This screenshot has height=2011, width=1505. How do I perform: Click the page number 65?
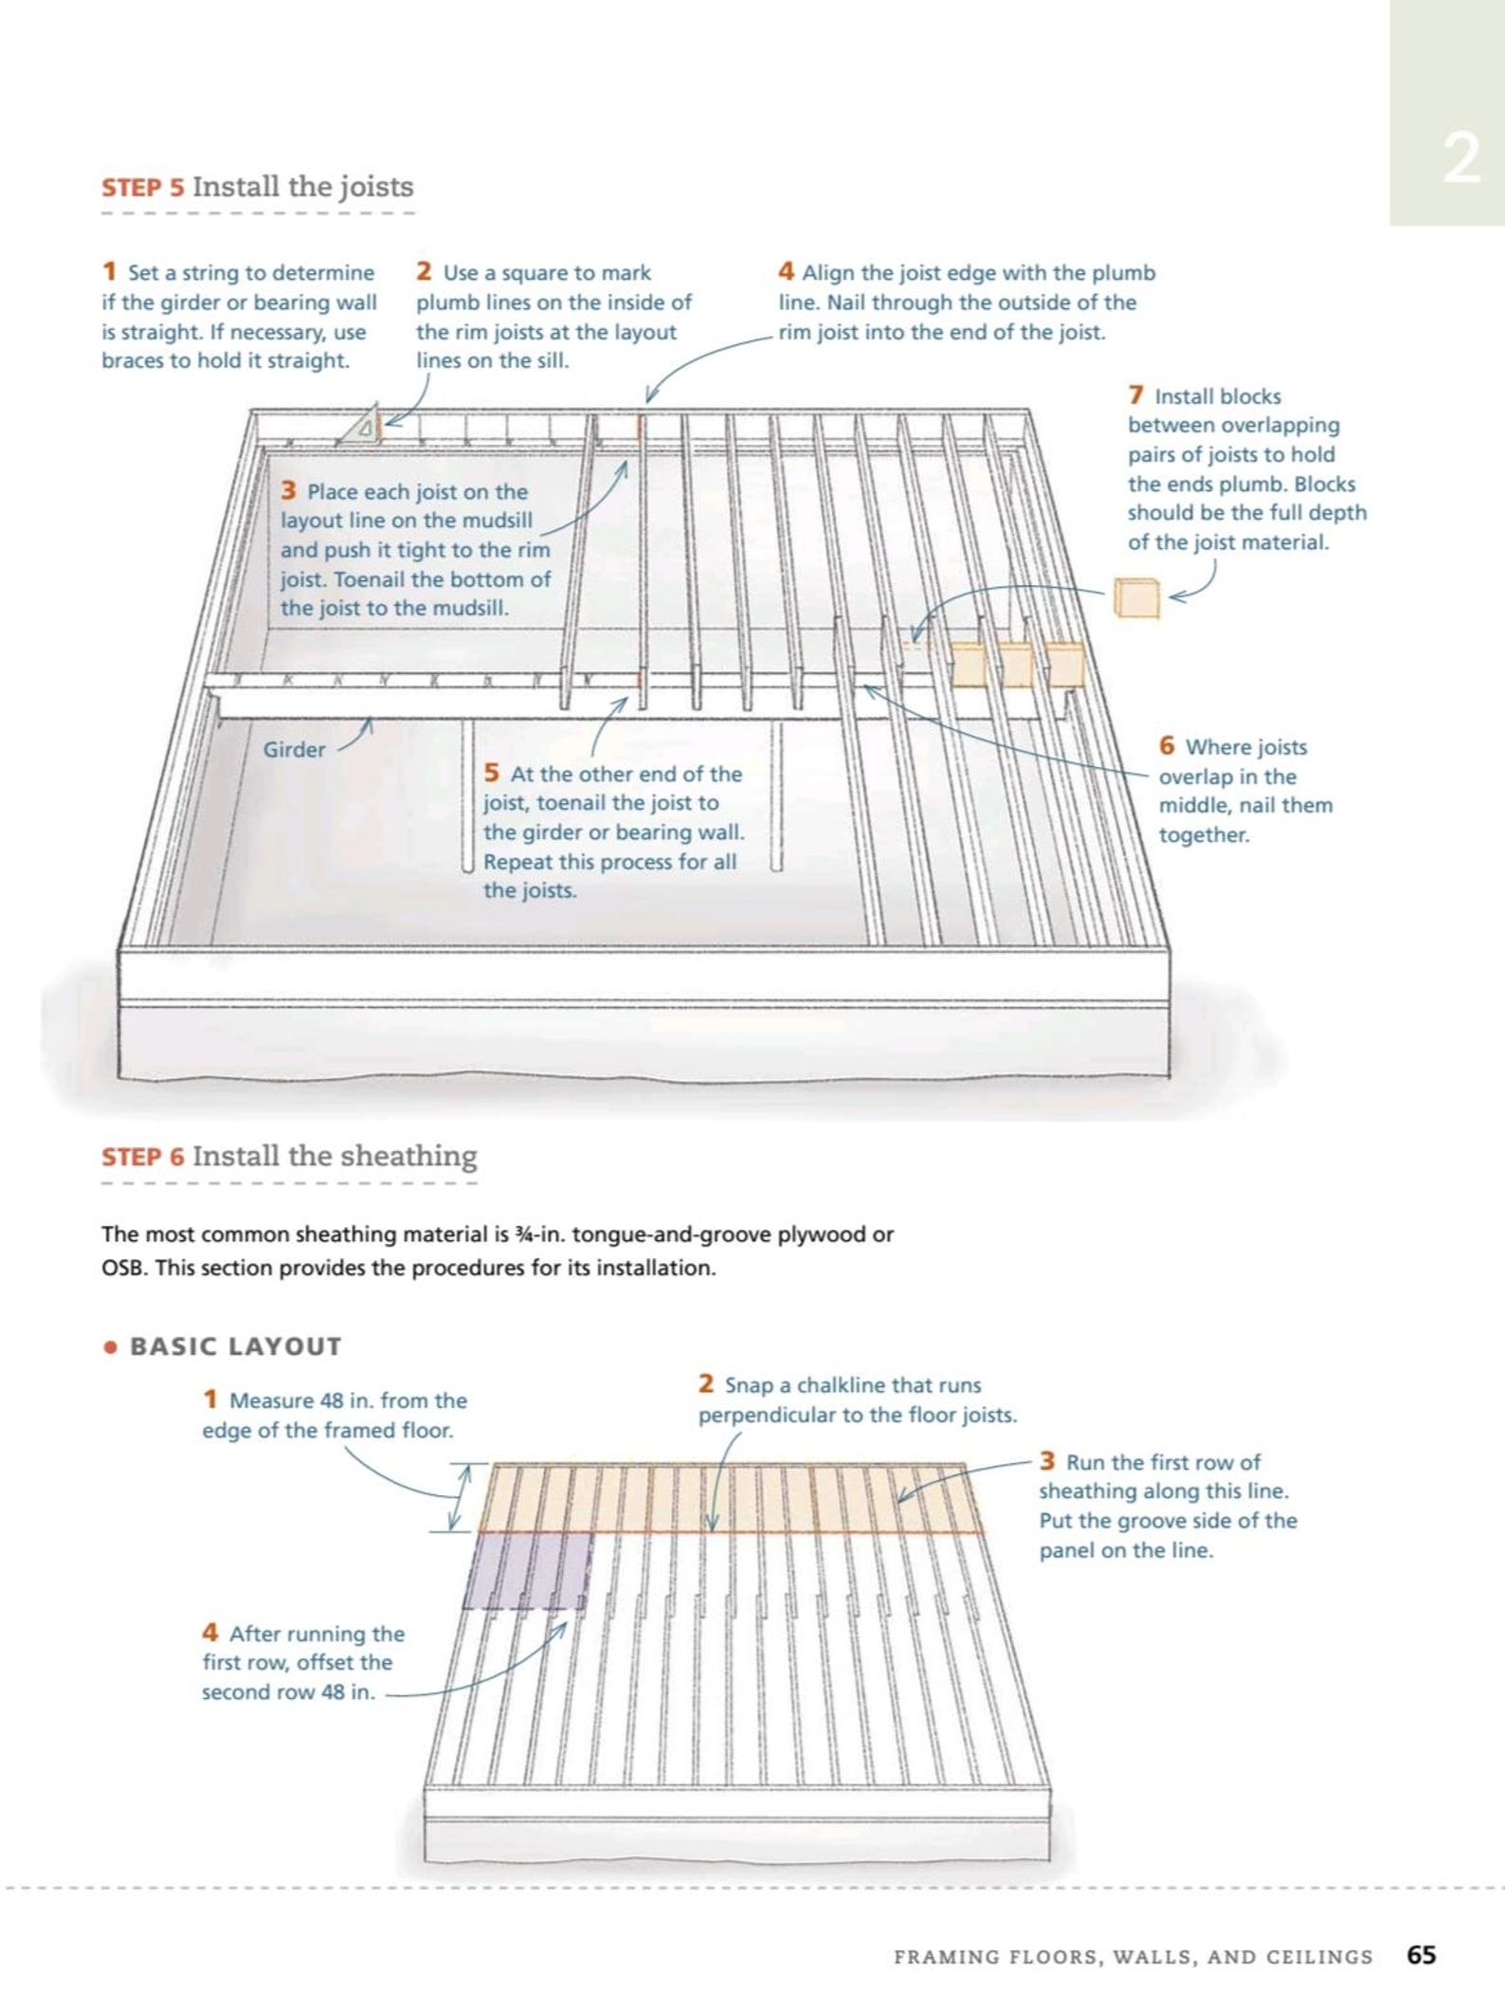pyautogui.click(x=1422, y=1955)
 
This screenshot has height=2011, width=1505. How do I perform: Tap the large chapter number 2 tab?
pyautogui.click(x=1461, y=158)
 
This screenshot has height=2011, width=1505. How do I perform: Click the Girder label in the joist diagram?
pyautogui.click(x=294, y=749)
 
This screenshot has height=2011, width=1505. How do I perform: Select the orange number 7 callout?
pyautogui.click(x=1136, y=394)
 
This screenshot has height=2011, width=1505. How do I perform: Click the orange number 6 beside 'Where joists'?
pyautogui.click(x=1167, y=745)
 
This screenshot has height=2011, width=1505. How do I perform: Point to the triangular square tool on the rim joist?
pyautogui.click(x=361, y=425)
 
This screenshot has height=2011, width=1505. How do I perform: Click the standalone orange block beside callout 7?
pyautogui.click(x=1136, y=597)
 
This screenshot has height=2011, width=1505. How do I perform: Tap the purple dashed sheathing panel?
pyautogui.click(x=528, y=1570)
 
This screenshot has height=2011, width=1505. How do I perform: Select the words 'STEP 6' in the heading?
pyautogui.click(x=143, y=1157)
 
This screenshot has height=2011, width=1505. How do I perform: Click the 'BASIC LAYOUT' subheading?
pyautogui.click(x=235, y=1346)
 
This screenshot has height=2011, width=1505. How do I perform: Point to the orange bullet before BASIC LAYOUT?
pyautogui.click(x=111, y=1346)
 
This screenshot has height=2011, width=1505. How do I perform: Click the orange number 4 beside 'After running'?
pyautogui.click(x=210, y=1633)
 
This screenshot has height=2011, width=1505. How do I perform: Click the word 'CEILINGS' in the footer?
pyautogui.click(x=1325, y=1957)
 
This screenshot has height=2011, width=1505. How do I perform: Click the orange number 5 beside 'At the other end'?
pyautogui.click(x=491, y=773)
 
